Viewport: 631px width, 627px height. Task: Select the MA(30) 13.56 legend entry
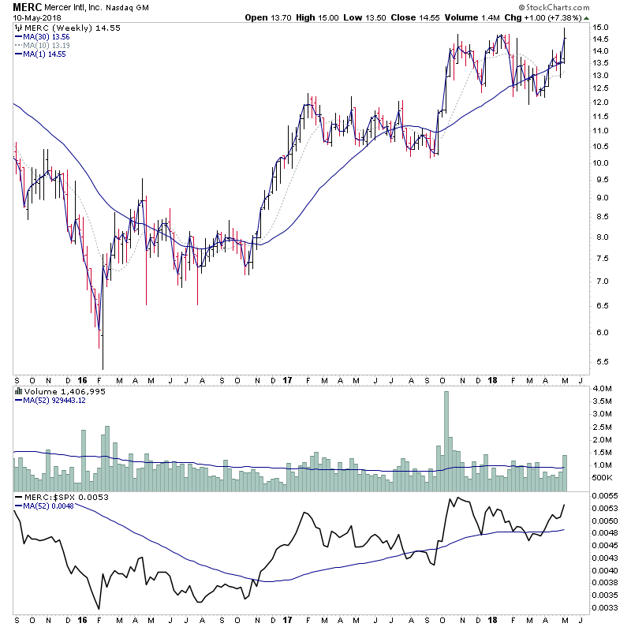click(x=45, y=36)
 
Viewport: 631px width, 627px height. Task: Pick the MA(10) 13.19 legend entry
click(x=45, y=45)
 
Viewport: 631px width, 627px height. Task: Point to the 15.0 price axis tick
click(x=601, y=28)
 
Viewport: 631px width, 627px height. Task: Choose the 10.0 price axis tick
click(x=601, y=163)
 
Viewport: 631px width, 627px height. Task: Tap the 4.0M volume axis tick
click(x=603, y=389)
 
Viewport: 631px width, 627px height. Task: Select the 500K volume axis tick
click(x=603, y=478)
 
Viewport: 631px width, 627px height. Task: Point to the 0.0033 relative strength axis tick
click(x=606, y=608)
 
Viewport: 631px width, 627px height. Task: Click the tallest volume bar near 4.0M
click(x=446, y=430)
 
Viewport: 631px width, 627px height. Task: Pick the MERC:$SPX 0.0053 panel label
click(x=58, y=497)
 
